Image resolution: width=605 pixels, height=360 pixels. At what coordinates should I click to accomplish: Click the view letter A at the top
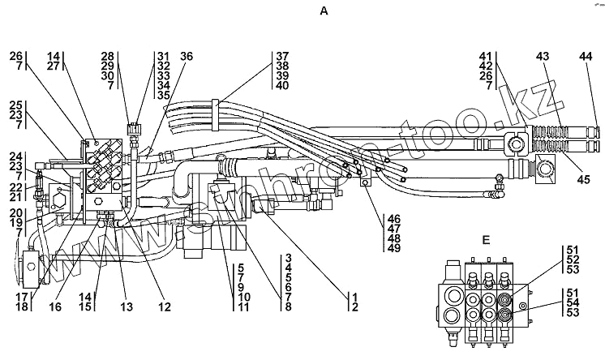[x=324, y=11]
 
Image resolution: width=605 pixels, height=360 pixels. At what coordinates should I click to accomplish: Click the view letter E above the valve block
[x=486, y=240]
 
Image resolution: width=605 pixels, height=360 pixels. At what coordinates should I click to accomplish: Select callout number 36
[x=186, y=56]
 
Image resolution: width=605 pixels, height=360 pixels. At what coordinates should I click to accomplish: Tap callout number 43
[x=542, y=56]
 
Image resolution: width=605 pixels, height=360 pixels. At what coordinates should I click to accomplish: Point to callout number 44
[x=586, y=56]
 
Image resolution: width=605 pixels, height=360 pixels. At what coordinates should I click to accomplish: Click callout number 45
[x=584, y=179]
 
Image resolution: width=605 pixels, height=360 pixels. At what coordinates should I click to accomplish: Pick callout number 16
[x=56, y=306]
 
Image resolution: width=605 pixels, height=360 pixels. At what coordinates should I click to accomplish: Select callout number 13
[x=127, y=306]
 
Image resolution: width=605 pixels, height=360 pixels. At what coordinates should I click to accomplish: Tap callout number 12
[x=165, y=306]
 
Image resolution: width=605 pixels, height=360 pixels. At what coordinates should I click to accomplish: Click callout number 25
[x=16, y=105]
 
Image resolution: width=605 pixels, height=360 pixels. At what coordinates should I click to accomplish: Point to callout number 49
[x=394, y=248]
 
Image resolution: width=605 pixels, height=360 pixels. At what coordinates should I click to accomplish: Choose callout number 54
[x=573, y=302]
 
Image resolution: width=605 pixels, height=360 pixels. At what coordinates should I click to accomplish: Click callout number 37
[x=282, y=56]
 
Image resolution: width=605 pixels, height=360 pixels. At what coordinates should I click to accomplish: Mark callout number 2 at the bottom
[x=355, y=306]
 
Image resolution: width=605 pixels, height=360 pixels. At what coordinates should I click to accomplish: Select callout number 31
[x=164, y=56]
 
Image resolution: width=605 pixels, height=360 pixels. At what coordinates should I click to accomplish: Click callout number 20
[x=16, y=213]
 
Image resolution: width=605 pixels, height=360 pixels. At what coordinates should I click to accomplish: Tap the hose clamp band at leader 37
[x=216, y=114]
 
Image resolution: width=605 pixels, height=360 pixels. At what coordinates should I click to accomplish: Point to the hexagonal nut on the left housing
[x=59, y=201]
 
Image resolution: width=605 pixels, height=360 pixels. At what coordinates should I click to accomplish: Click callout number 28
[x=108, y=56]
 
